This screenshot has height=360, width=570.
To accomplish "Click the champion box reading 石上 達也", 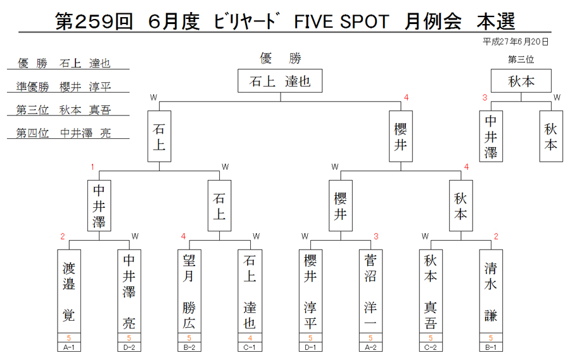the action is [280, 80].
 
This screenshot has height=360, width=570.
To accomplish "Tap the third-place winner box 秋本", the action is [521, 80].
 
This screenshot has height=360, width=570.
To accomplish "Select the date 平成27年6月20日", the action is [516, 42].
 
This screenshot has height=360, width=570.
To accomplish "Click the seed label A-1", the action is [68, 347].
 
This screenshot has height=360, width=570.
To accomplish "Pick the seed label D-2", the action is [129, 347].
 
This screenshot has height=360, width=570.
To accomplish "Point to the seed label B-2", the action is [189, 347].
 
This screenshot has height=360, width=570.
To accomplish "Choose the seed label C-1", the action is [250, 347].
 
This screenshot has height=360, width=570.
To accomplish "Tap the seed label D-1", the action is [310, 347].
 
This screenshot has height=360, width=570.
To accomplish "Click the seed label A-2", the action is [370, 347].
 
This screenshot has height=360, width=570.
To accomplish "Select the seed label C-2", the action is [431, 347].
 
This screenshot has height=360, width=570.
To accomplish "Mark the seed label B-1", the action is [491, 347].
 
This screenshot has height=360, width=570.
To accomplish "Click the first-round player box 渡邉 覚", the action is [68, 291].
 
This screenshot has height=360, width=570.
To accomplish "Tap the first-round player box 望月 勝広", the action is [189, 291].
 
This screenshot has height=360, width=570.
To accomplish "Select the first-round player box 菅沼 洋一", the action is [370, 291].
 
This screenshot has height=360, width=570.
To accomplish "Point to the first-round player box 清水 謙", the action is [491, 291].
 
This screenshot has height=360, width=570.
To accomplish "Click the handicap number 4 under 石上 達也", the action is [250, 338].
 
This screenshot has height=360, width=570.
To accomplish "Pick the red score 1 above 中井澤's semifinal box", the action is [92, 167].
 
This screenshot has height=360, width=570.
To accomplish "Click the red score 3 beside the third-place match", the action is [484, 98].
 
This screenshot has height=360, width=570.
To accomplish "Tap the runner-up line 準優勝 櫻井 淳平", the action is [63, 87].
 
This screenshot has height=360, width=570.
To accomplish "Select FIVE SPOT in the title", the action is [341, 22].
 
